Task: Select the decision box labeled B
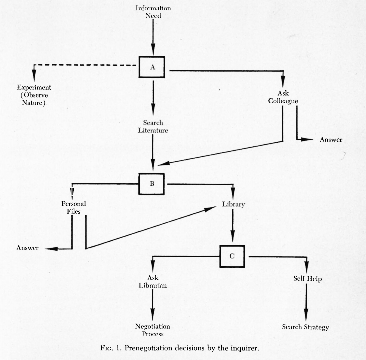(151, 183)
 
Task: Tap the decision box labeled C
(232, 256)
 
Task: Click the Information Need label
(153, 11)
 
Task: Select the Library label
(233, 204)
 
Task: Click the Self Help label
(306, 278)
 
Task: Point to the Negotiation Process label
(152, 329)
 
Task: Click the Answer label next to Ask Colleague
(331, 139)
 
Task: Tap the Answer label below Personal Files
(28, 248)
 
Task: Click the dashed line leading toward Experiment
(85, 65)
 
